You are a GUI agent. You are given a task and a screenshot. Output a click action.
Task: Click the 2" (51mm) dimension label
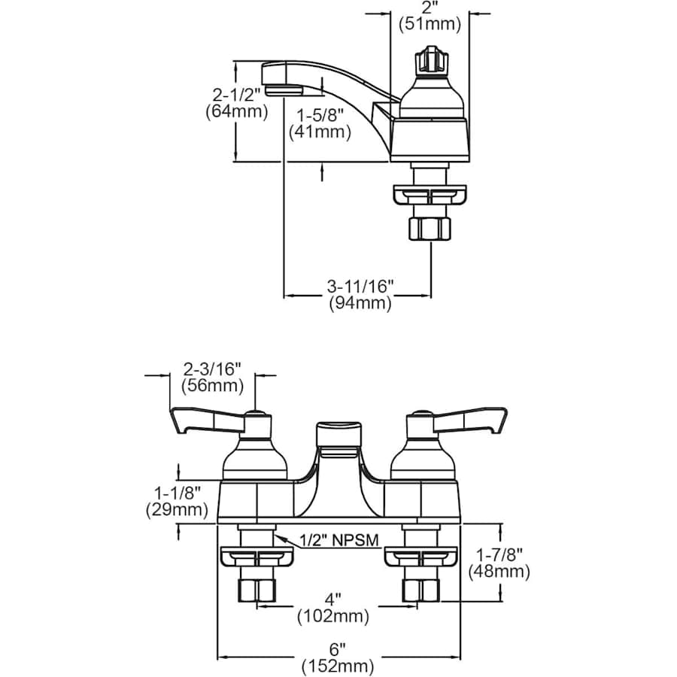429,16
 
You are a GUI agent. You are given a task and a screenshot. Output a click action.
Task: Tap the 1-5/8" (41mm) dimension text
320,123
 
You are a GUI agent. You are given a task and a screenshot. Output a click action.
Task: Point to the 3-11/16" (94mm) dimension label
360,295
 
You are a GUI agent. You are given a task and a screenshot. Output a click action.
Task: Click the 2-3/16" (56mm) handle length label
212,378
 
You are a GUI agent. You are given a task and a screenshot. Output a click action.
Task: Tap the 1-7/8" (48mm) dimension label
499,563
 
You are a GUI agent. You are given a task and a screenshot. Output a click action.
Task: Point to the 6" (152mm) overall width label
338,657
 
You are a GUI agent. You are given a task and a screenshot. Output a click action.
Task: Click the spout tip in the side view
281,77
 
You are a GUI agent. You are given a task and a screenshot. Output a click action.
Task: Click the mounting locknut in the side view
430,195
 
